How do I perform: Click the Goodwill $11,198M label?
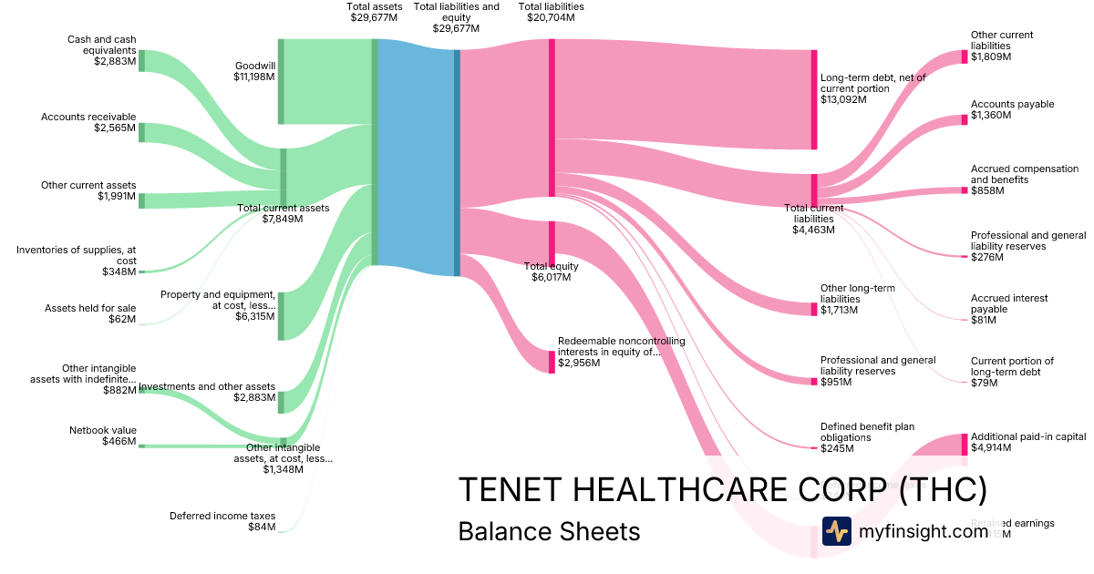254,72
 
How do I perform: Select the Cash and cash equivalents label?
101,51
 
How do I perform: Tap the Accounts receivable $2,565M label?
88,123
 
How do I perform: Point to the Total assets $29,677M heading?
374,12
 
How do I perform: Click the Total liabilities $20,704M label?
551,12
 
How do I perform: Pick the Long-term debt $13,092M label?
872,88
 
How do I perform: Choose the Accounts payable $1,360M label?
1012,110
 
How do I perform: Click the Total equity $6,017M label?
551,272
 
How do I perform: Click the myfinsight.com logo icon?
836,531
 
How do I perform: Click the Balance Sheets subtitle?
549,531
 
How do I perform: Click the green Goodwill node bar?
281,81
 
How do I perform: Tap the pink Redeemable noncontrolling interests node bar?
551,362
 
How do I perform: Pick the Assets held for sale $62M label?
90,314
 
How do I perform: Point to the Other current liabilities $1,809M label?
1002,46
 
